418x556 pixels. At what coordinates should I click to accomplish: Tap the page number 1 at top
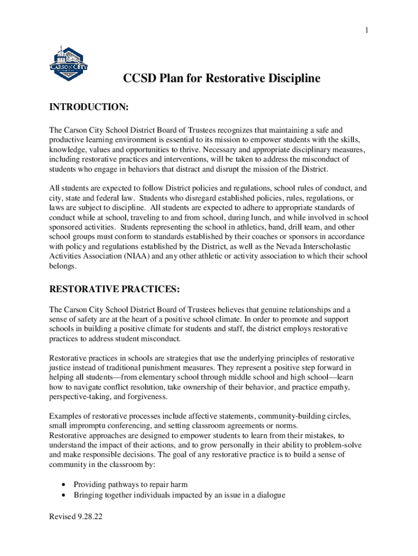pyautogui.click(x=366, y=30)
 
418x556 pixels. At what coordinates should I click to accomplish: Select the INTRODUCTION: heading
pyautogui.click(x=88, y=109)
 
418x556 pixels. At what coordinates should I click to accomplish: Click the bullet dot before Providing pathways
pyautogui.click(x=65, y=484)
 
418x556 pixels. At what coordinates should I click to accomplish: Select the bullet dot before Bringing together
pyautogui.click(x=65, y=495)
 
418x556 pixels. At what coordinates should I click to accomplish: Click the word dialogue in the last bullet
pyautogui.click(x=269, y=495)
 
